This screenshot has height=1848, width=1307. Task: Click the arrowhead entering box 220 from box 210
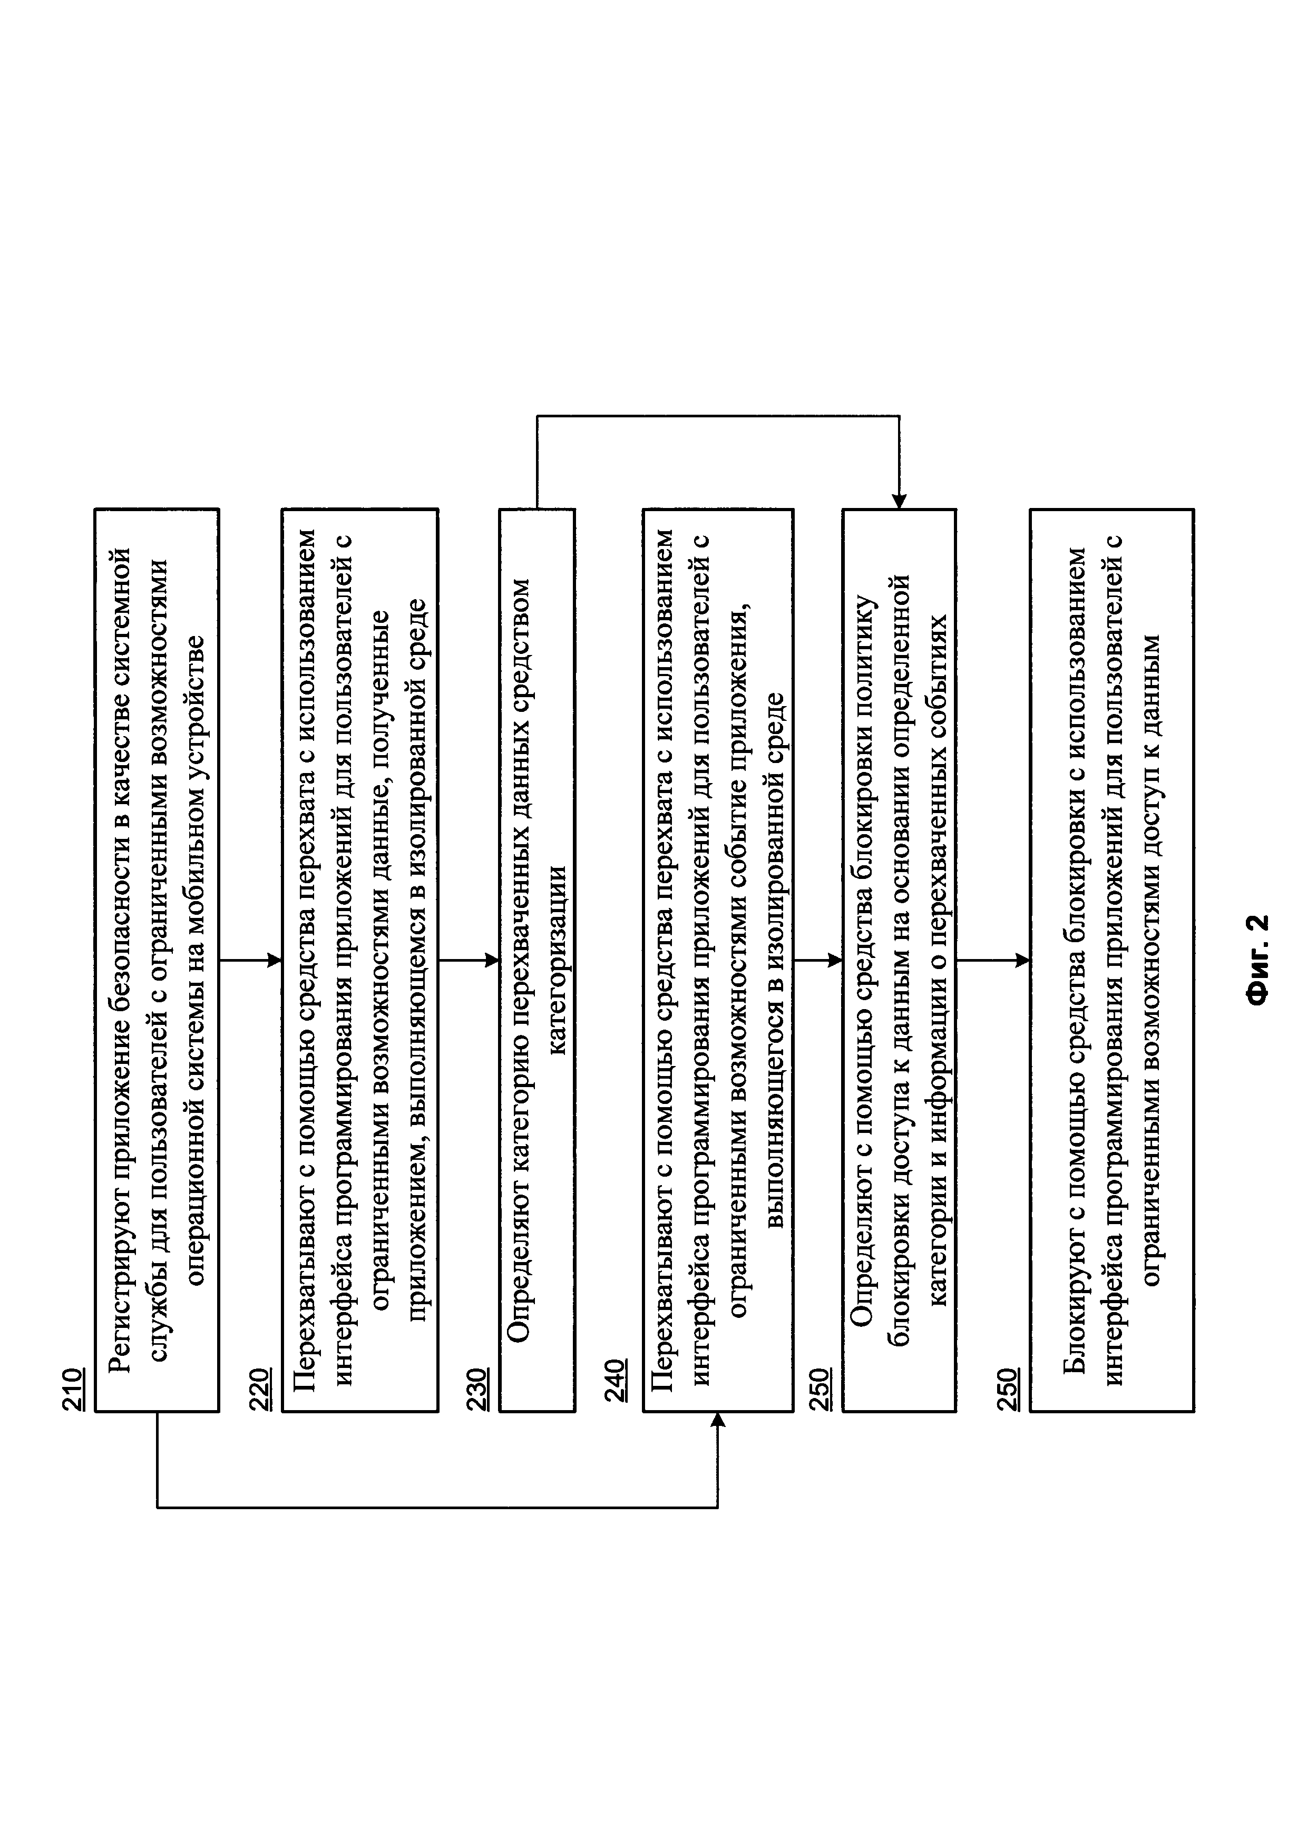pos(275,960)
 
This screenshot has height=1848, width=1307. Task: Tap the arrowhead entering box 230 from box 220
pos(493,960)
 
